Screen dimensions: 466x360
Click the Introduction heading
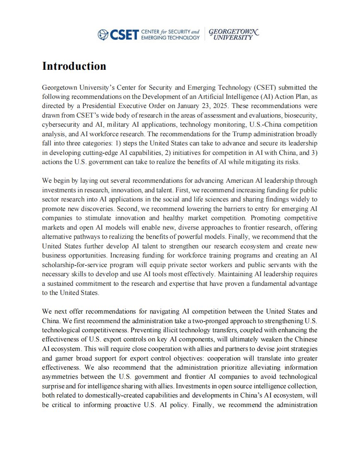74,66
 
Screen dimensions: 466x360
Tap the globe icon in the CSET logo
102,34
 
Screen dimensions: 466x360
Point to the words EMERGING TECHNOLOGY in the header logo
170,37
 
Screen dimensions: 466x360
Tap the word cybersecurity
60,125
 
